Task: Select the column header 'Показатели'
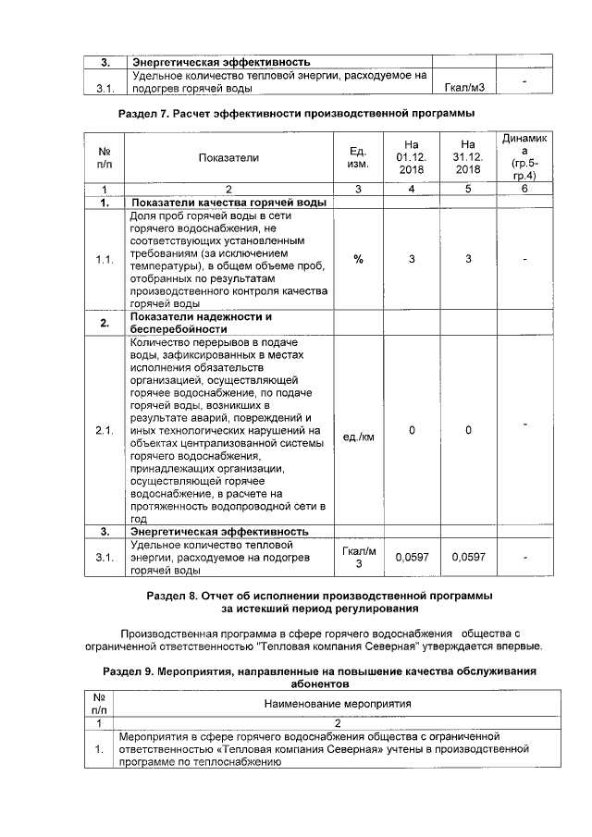[x=228, y=157]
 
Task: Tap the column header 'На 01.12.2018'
[x=412, y=157]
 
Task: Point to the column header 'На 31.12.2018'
[x=468, y=157]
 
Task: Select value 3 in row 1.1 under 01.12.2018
[x=412, y=259]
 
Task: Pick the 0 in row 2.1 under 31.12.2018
[x=468, y=430]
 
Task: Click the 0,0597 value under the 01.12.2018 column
[x=412, y=558]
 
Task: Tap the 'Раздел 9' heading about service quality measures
[x=319, y=676]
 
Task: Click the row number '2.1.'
[x=105, y=430]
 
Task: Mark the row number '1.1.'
[x=105, y=259]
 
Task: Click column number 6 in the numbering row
[x=524, y=189]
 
